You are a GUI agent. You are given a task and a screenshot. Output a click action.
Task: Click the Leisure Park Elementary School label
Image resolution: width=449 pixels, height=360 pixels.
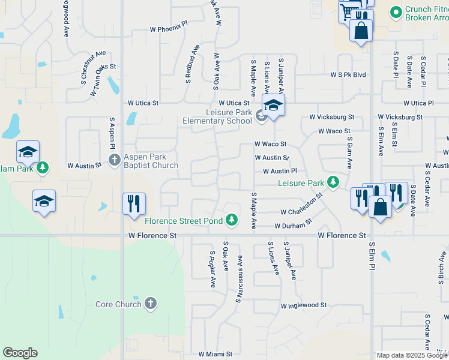[x=217, y=116]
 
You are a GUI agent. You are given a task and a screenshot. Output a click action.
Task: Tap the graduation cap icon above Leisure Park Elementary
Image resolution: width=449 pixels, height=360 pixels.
[x=273, y=105]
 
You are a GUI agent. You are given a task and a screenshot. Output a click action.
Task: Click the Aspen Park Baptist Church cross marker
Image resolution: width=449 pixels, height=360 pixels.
[x=115, y=160]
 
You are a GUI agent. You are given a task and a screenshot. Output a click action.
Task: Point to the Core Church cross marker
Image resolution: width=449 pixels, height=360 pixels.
[x=151, y=304]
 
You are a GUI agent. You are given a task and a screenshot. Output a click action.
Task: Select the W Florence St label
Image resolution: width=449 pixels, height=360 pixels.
[x=152, y=236]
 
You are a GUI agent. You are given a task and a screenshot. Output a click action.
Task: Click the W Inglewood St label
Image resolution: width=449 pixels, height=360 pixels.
[x=304, y=305]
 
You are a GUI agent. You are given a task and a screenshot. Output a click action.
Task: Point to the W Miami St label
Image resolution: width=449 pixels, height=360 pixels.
[x=215, y=355]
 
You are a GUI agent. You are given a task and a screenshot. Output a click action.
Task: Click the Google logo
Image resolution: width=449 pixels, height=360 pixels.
[x=20, y=353]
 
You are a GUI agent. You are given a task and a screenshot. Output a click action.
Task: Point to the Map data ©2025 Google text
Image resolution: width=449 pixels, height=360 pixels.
[x=411, y=355]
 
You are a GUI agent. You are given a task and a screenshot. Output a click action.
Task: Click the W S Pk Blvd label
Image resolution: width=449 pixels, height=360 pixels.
[x=348, y=75]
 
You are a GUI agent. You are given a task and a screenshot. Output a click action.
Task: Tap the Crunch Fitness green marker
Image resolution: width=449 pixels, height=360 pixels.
[x=396, y=11]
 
